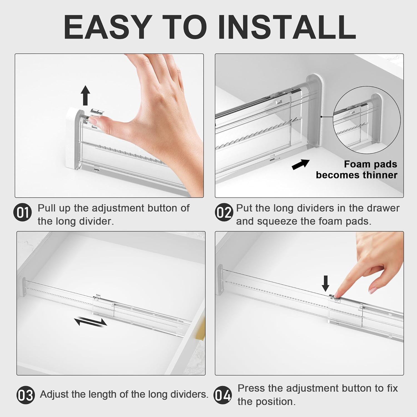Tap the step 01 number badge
click(23, 213)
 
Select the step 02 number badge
click(224, 213)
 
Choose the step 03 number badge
click(26, 395)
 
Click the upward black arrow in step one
click(86, 95)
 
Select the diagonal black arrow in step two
click(301, 164)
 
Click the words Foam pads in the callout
click(371, 164)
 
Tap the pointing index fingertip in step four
click(337, 294)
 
